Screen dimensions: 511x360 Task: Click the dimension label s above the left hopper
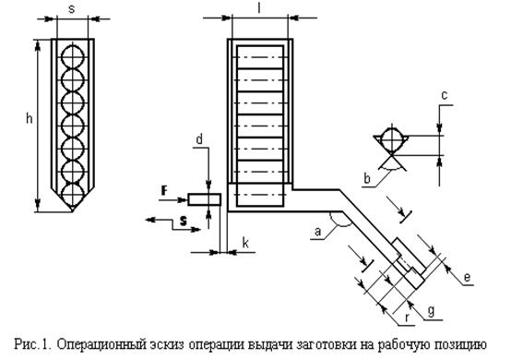(x=71, y=9)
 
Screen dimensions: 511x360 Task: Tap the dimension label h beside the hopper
(x=30, y=118)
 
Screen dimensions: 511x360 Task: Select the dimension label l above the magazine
(x=259, y=8)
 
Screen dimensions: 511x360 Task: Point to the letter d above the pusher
(x=199, y=139)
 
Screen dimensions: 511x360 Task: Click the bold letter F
(x=165, y=190)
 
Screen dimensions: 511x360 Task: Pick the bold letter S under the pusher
(x=184, y=222)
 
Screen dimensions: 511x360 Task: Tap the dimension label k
(x=245, y=243)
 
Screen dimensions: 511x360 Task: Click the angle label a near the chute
(x=317, y=232)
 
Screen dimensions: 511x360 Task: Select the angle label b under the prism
(x=367, y=178)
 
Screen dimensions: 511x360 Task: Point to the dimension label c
(x=445, y=96)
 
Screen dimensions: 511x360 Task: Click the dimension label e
(x=467, y=277)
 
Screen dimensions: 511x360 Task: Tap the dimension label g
(x=431, y=311)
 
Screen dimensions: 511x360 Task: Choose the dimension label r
(x=407, y=318)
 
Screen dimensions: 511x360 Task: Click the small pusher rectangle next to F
(x=205, y=199)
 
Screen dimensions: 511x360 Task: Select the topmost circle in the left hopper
(x=73, y=56)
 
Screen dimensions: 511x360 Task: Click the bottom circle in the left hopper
(x=73, y=195)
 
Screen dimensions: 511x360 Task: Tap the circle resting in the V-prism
(x=392, y=139)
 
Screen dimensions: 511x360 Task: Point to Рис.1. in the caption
(x=32, y=344)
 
